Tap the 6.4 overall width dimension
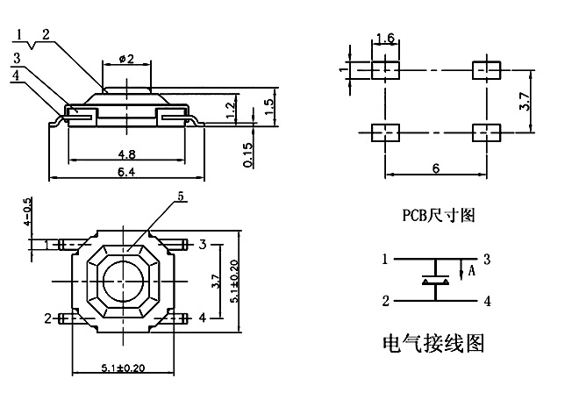128,172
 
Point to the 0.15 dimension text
250,154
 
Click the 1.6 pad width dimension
384,38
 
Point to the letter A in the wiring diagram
471,271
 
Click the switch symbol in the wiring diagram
436,281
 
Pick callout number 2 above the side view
46,33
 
